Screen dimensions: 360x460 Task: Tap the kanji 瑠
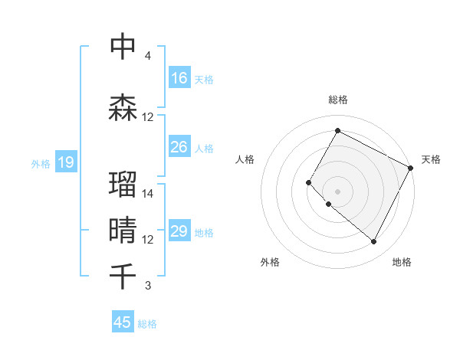[123, 185]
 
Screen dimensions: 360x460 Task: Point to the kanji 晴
[123, 231]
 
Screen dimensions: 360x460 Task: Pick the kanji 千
[123, 275]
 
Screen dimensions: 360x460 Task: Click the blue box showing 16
[179, 78]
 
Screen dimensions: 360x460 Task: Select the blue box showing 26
[179, 147]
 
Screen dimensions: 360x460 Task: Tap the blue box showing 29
[179, 232]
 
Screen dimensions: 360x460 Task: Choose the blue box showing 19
[65, 162]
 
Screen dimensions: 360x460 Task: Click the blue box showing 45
[123, 322]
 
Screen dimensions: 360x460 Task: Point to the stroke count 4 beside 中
[148, 56]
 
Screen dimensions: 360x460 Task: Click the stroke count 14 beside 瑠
[148, 194]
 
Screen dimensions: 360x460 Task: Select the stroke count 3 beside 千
[148, 286]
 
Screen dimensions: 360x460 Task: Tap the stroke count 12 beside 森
[148, 117]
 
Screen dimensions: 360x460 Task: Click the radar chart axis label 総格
[337, 100]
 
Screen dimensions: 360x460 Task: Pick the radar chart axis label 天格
[431, 159]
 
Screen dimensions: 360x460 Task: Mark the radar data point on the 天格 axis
[411, 168]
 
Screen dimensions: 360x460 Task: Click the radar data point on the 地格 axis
[374, 242]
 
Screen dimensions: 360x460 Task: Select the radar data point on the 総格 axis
[337, 130]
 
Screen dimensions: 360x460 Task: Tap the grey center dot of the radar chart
[337, 191]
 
